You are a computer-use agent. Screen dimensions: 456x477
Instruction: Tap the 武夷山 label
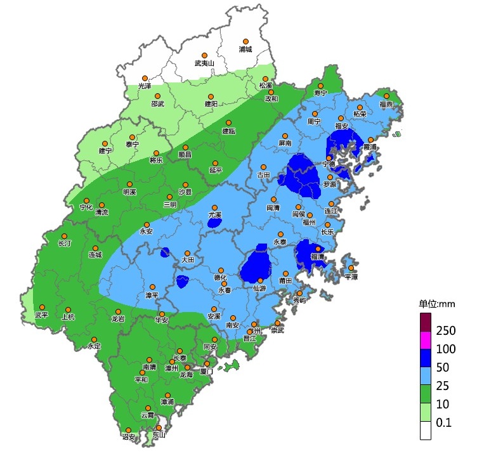tap(204, 63)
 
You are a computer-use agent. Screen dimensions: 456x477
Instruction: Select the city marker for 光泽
tap(145, 77)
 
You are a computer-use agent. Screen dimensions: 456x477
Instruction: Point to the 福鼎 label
tap(386, 104)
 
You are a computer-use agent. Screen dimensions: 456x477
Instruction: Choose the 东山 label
tap(159, 434)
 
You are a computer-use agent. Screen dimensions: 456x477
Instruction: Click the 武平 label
tap(41, 315)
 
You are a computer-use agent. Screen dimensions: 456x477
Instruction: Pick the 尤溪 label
tap(215, 216)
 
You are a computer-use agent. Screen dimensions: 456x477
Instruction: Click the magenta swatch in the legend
tap(426, 348)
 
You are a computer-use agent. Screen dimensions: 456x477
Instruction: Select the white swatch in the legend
tap(426, 431)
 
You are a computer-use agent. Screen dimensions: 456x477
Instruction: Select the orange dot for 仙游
tap(259, 280)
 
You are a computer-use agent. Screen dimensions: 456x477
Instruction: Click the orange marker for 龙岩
tap(117, 311)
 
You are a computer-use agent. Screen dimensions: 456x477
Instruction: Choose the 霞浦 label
tap(370, 147)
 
